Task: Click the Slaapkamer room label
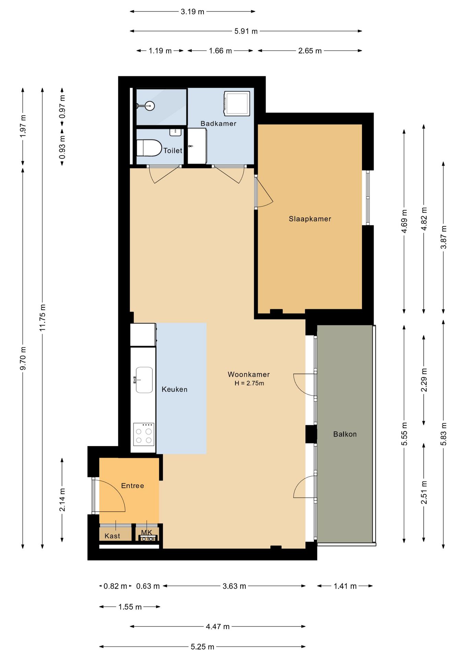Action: click(310, 219)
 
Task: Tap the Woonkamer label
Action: click(249, 374)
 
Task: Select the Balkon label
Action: click(345, 434)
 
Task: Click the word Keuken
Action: click(174, 389)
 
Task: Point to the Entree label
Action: click(132, 486)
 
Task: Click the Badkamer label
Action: click(218, 123)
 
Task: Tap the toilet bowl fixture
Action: click(149, 148)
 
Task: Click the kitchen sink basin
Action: click(144, 380)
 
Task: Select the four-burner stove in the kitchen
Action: click(144, 435)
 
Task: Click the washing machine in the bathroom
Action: click(237, 103)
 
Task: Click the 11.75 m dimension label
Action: click(43, 317)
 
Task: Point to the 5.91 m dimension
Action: click(246, 31)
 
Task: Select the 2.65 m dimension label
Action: click(310, 51)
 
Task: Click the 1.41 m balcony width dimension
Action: click(345, 586)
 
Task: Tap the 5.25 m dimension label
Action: click(202, 647)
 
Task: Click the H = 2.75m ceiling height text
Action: click(249, 383)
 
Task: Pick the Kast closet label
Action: click(112, 536)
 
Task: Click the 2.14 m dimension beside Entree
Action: click(62, 500)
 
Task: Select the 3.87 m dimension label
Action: click(444, 237)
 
